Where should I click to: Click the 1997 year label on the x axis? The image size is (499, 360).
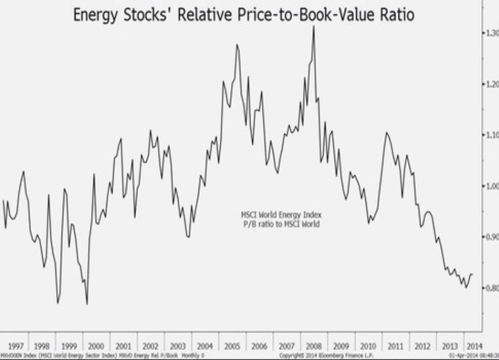15,345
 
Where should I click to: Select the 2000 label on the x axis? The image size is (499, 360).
96,345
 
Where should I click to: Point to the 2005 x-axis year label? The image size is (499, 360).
233,345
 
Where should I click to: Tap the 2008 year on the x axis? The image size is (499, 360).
314,345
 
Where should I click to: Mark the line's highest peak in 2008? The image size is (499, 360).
314,26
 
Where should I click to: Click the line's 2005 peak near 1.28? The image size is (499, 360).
237,44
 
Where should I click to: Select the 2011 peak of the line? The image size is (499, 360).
386,133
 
